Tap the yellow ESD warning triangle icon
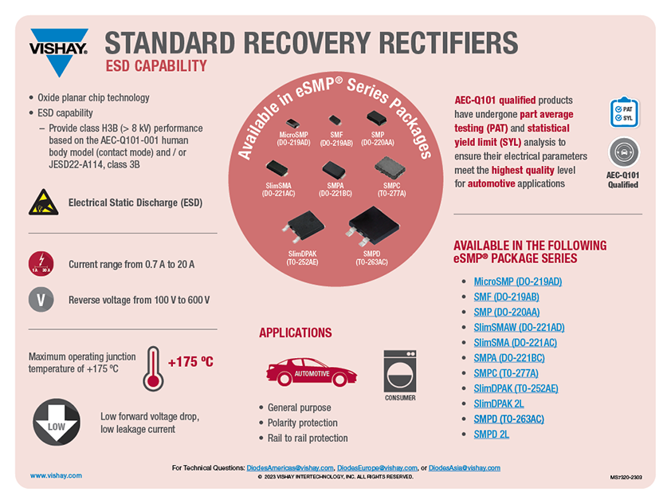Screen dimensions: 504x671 click(41, 203)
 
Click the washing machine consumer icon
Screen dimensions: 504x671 click(400, 371)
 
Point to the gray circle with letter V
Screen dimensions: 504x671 click(41, 300)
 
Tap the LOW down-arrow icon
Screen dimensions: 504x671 click(57, 423)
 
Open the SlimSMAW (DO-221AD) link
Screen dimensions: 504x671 click(519, 327)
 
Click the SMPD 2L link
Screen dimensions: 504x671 click(491, 434)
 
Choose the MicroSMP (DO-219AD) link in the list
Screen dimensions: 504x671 click(517, 282)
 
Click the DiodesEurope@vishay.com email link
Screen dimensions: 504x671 click(377, 468)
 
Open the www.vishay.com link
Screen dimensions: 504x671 click(56, 475)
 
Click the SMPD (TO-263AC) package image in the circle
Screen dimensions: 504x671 click(371, 226)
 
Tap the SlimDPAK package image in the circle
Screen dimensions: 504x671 click(302, 226)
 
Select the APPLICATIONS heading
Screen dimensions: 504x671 click(295, 333)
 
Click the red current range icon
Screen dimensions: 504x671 click(41, 263)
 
